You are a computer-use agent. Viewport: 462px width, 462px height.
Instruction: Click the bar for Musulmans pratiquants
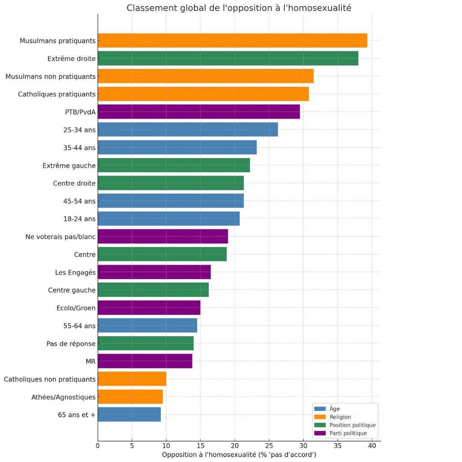pyautogui.click(x=232, y=41)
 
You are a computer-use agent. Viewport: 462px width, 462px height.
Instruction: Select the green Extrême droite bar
pyautogui.click(x=228, y=58)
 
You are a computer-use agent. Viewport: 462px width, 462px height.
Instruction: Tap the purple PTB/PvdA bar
pyautogui.click(x=198, y=112)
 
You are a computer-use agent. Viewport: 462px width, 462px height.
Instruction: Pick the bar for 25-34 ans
pyautogui.click(x=188, y=130)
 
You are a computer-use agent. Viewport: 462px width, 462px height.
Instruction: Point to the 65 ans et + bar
pyautogui.click(x=129, y=415)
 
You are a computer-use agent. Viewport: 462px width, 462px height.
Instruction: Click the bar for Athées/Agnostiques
pyautogui.click(x=130, y=397)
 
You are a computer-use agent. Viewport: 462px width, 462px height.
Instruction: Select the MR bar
pyautogui.click(x=145, y=361)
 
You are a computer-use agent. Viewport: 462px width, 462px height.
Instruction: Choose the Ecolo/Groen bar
pyautogui.click(x=149, y=308)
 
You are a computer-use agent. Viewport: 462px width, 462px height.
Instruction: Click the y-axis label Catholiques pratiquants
pyautogui.click(x=56, y=94)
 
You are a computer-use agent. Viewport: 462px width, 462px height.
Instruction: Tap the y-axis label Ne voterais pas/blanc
pyautogui.click(x=60, y=237)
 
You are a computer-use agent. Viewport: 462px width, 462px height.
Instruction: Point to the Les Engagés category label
pyautogui.click(x=75, y=272)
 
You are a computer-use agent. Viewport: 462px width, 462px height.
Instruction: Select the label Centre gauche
pyautogui.click(x=72, y=290)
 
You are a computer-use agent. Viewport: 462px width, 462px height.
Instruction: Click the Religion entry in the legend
pyautogui.click(x=340, y=417)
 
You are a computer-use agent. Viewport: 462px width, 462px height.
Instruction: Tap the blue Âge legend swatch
pyautogui.click(x=320, y=409)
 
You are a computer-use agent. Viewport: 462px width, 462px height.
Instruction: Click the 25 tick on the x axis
pyautogui.click(x=269, y=446)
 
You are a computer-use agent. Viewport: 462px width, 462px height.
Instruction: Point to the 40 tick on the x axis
pyautogui.click(x=372, y=446)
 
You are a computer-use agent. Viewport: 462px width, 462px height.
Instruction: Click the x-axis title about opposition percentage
pyautogui.click(x=239, y=455)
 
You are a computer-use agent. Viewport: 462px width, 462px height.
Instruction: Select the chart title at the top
pyautogui.click(x=239, y=8)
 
